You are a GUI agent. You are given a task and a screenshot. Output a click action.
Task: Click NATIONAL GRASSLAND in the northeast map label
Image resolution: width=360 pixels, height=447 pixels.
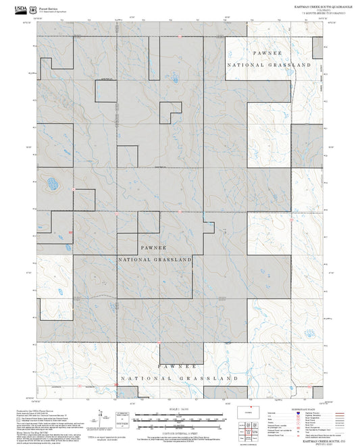(269, 65)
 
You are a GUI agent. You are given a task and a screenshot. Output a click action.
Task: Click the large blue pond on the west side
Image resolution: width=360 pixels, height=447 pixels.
(51, 182)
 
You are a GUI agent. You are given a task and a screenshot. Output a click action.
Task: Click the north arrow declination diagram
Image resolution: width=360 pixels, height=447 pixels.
(101, 417)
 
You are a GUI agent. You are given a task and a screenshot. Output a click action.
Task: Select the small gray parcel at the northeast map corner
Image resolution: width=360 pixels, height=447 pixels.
(317, 47)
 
